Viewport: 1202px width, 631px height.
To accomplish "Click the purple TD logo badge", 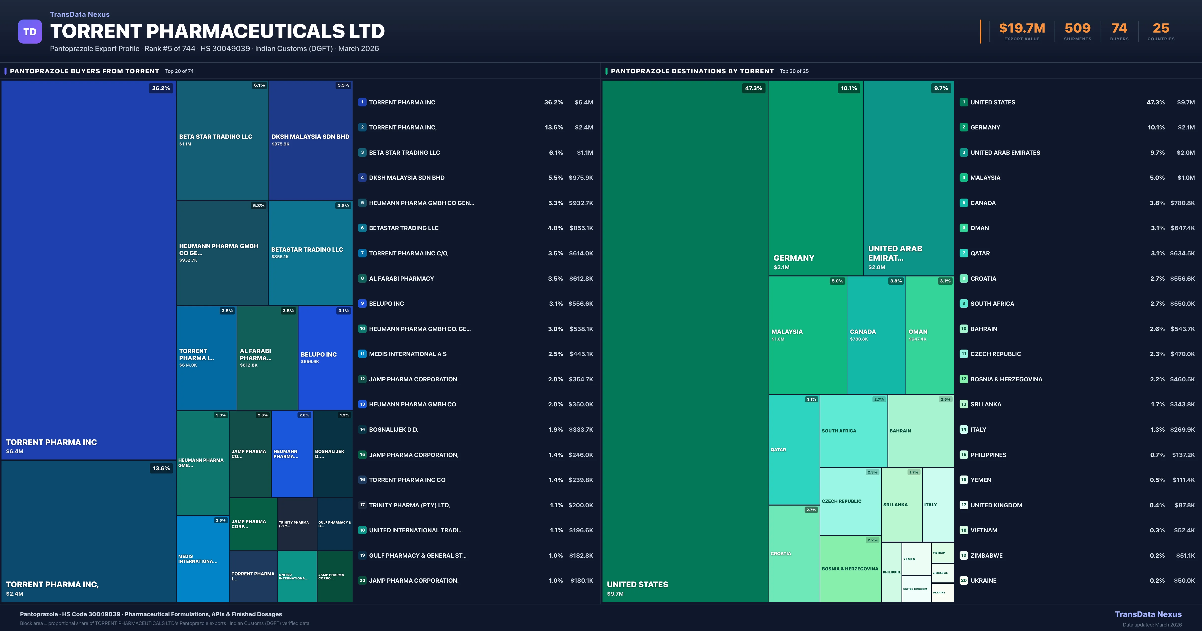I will (x=30, y=32).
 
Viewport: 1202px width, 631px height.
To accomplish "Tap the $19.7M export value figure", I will (x=1022, y=29).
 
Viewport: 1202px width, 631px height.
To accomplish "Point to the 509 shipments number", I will (x=1077, y=29).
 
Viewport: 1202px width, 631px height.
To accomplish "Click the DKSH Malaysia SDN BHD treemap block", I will (x=310, y=140).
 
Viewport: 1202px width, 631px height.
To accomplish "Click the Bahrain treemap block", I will (x=920, y=430).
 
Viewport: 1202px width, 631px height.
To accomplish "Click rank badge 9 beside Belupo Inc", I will (x=362, y=303).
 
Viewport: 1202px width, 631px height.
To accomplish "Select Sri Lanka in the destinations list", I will (x=985, y=404).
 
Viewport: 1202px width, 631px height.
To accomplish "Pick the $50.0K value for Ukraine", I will (x=1184, y=581).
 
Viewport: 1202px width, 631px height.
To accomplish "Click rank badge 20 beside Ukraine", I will (x=964, y=581).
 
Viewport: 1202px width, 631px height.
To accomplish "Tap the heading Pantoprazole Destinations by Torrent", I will (x=692, y=71).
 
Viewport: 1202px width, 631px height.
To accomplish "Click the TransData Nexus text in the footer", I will (x=1148, y=614).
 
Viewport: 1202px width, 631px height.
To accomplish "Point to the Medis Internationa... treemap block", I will (x=203, y=559).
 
